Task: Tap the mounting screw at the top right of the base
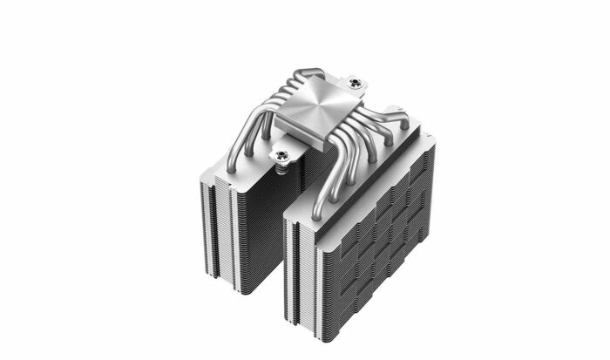click(x=354, y=83)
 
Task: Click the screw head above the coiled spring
click(x=281, y=156)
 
